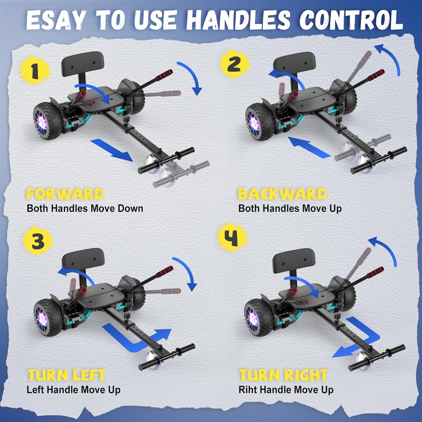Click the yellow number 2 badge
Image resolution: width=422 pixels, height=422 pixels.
(x=235, y=64)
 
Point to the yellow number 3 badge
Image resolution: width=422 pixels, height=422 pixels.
(x=38, y=241)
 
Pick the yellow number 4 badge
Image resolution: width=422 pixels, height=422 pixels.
(x=232, y=237)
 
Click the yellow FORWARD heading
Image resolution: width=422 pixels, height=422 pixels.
(x=65, y=194)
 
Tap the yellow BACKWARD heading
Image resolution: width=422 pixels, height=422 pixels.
(x=282, y=194)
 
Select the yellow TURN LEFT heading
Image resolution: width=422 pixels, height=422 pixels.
(x=66, y=375)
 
